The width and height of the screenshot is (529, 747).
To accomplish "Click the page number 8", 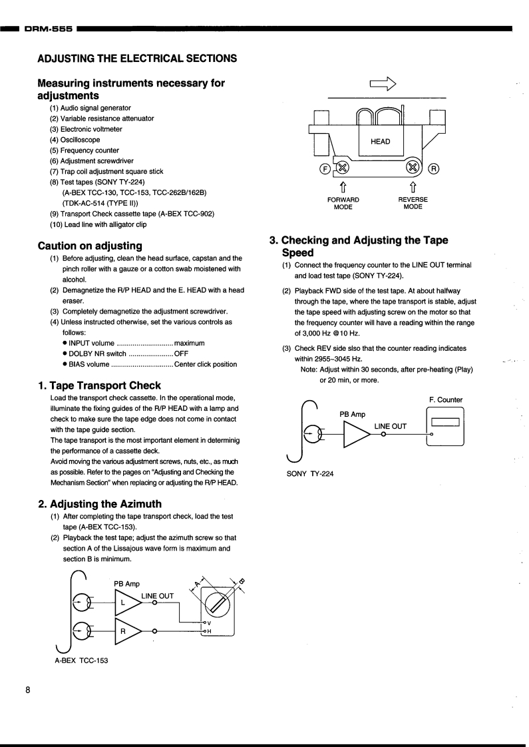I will pyautogui.click(x=27, y=690).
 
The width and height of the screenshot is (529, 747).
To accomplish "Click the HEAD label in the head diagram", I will pyautogui.click(x=380, y=141).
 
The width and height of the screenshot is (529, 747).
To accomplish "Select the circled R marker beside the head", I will pyautogui.click(x=433, y=168).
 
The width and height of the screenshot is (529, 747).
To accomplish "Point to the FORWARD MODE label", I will pyautogui.click(x=343, y=203).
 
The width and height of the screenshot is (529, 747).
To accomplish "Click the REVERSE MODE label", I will pyautogui.click(x=413, y=203).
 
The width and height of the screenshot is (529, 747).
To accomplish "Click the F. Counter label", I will pyautogui.click(x=446, y=399).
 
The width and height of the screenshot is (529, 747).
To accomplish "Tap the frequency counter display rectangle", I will pyautogui.click(x=446, y=422).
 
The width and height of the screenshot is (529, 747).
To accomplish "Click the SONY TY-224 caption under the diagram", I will pyautogui.click(x=310, y=473).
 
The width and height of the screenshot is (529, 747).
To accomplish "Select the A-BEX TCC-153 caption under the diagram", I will pyautogui.click(x=81, y=660).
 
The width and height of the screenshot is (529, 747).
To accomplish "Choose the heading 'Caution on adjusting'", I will pyautogui.click(x=90, y=246).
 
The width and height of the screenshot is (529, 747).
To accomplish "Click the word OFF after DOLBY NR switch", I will pyautogui.click(x=181, y=354).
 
